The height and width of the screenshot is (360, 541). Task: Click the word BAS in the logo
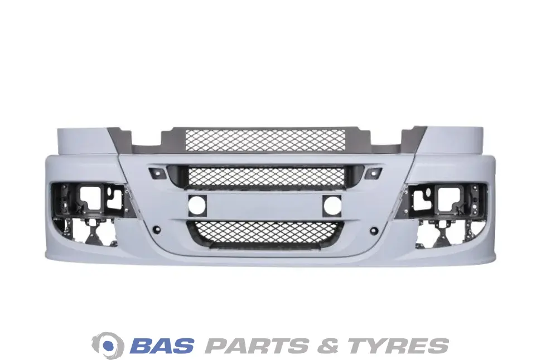click(163, 346)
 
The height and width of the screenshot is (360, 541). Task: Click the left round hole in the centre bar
click(197, 206)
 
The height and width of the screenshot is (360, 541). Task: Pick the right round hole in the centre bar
click(332, 206)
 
